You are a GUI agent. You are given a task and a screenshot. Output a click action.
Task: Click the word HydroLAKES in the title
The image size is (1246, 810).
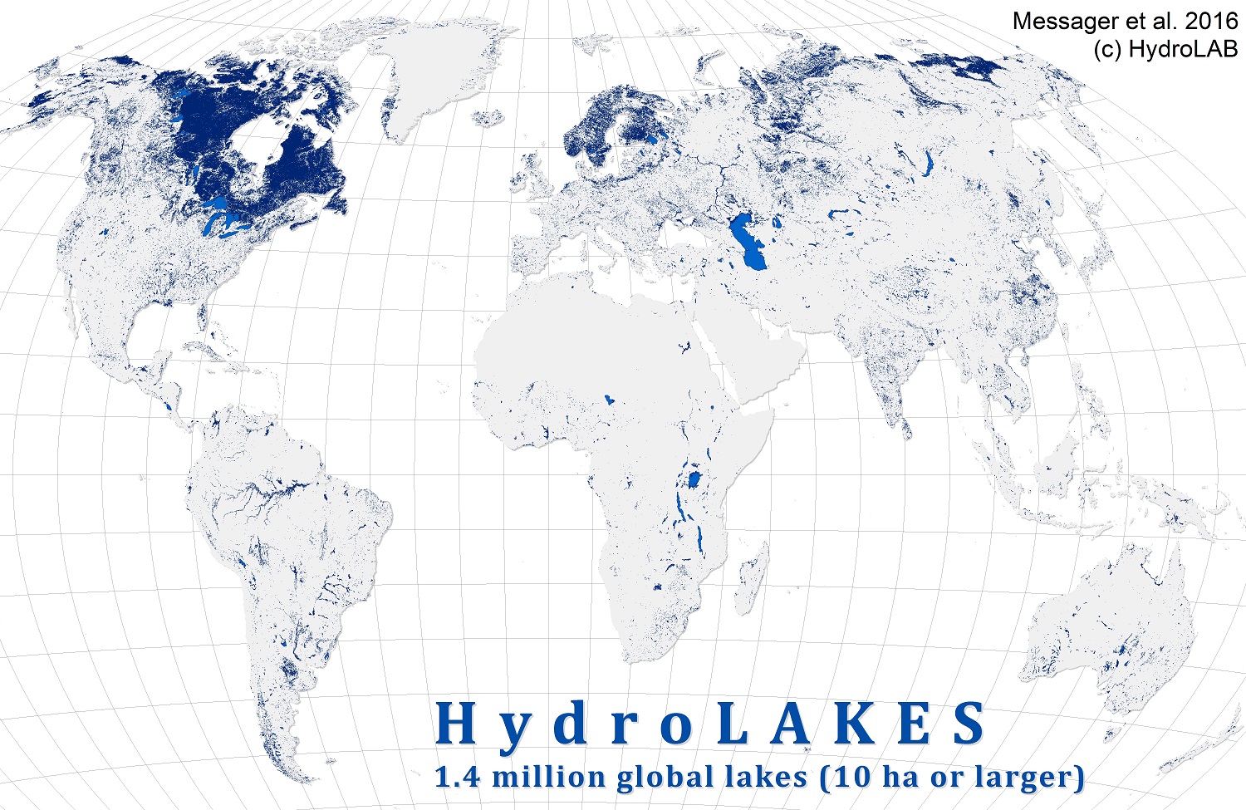point(712,724)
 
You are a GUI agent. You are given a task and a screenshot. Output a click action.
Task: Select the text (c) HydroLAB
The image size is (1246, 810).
point(1165,49)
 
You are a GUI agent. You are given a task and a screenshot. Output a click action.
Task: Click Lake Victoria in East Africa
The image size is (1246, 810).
point(692,480)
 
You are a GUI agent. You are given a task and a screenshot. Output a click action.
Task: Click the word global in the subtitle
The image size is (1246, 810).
point(670,778)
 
